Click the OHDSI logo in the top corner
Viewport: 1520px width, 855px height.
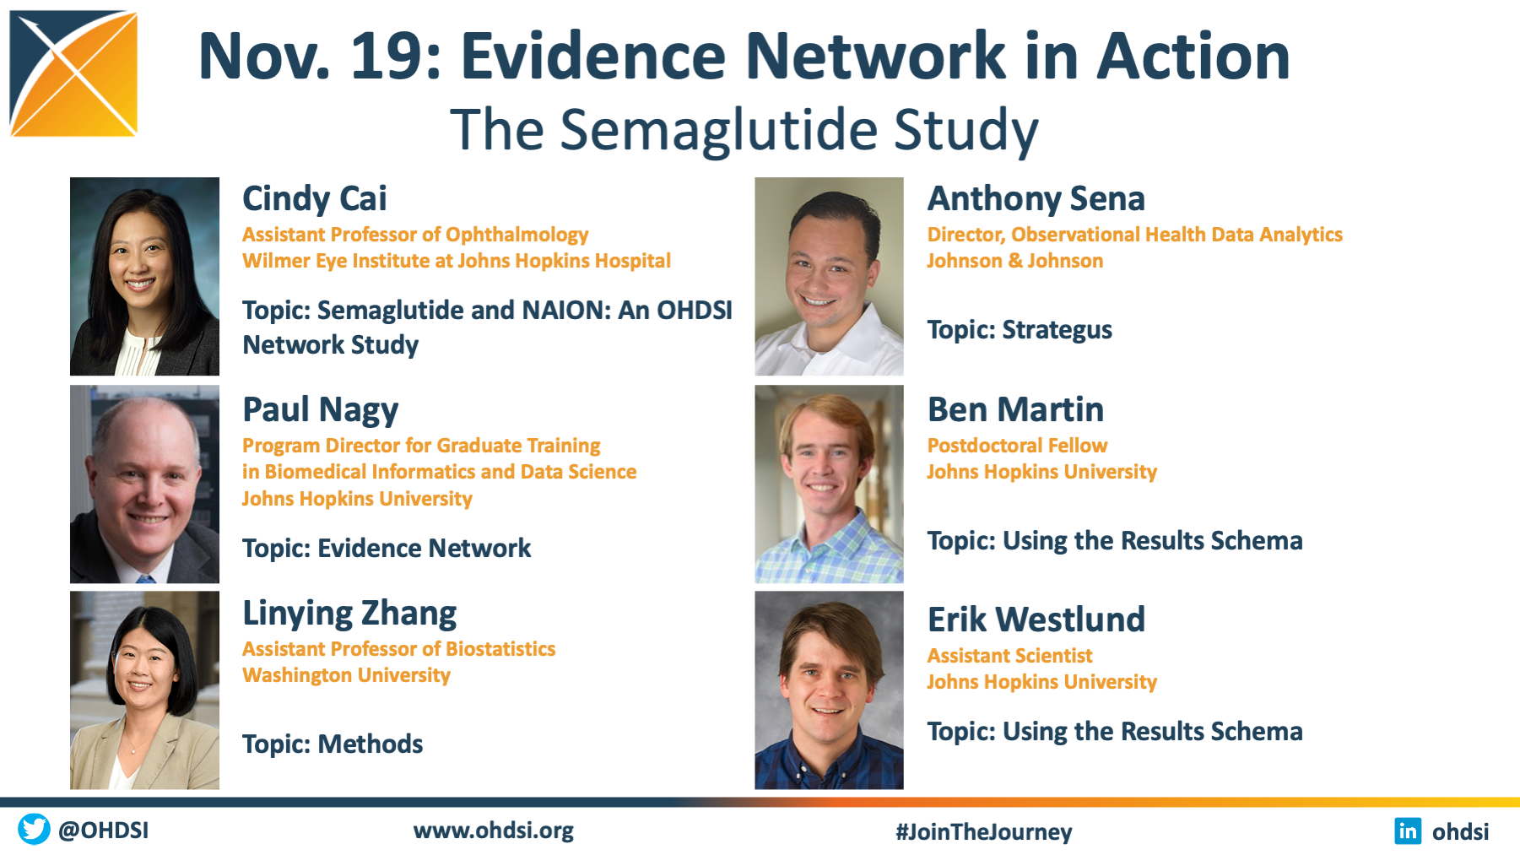click(73, 73)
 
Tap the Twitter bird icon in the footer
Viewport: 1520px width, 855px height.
click(34, 829)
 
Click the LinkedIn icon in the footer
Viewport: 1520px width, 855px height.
click(1408, 831)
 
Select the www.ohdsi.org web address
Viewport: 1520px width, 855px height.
click(494, 831)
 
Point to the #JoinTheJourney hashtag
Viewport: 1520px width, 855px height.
click(984, 831)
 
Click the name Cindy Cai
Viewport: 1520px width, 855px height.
click(315, 199)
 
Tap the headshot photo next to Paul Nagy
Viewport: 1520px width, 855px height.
click(144, 484)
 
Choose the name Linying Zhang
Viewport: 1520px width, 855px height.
click(349, 614)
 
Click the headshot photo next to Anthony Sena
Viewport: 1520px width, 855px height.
click(829, 276)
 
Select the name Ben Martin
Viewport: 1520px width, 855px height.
click(1015, 409)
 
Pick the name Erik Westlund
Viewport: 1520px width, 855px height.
click(1036, 620)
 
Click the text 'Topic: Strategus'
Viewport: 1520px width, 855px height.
click(1020, 330)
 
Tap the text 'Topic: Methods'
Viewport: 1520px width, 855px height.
click(333, 744)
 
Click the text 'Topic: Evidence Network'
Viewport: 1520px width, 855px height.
click(387, 549)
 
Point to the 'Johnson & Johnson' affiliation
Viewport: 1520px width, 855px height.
click(1015, 261)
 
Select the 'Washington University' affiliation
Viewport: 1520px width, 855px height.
click(346, 675)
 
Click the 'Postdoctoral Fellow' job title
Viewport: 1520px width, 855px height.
click(1017, 446)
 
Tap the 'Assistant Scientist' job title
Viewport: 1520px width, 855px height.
click(1009, 656)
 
